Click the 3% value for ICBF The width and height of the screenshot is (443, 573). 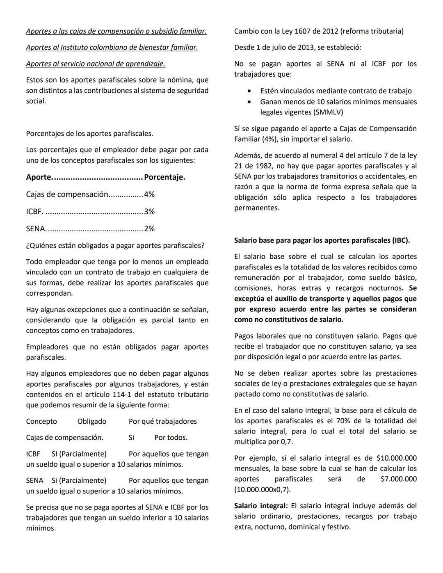point(149,212)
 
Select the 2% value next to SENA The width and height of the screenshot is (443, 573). point(149,229)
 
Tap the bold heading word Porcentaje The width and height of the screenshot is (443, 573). point(164,178)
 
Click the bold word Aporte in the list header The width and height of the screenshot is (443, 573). point(39,178)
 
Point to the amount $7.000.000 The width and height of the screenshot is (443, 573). point(398,479)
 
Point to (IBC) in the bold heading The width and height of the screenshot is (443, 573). point(401,240)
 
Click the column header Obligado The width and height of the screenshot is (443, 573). point(91,422)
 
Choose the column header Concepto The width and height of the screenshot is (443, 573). point(41,422)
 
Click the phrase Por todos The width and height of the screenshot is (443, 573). point(171,438)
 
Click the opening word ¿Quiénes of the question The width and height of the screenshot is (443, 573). point(41,246)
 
